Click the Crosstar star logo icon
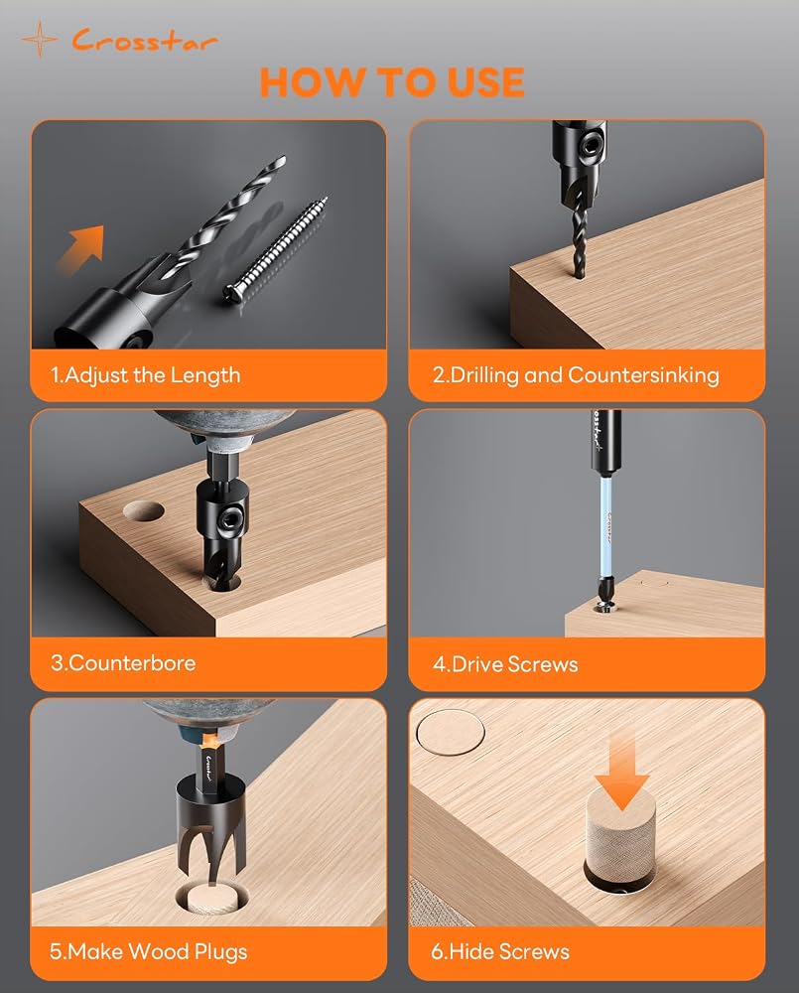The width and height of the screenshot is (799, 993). [40, 40]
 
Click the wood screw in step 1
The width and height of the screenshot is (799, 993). [277, 249]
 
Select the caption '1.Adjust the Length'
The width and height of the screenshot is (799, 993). [146, 375]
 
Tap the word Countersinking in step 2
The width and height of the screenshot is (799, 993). [643, 375]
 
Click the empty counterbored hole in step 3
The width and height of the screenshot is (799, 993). [144, 511]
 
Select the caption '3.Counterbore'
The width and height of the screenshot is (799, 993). [123, 663]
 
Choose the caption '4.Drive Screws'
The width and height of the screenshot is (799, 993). [505, 664]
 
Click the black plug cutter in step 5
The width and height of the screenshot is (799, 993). [210, 828]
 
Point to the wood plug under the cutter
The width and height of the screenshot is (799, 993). [212, 900]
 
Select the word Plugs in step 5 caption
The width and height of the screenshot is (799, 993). [221, 952]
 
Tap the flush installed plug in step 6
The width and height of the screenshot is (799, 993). [451, 732]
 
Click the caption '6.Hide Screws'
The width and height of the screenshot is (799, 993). [500, 952]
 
